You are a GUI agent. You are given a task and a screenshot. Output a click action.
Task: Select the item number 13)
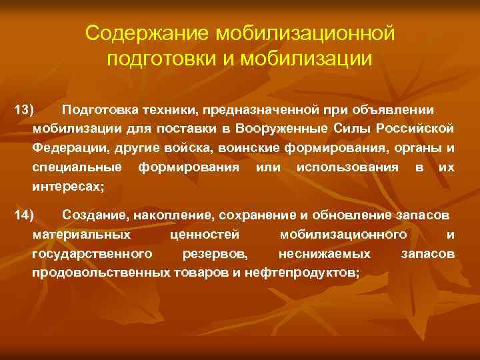tap(25, 109)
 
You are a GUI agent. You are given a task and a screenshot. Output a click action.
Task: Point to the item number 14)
tap(25, 215)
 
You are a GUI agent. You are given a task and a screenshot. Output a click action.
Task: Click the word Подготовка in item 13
tap(96, 109)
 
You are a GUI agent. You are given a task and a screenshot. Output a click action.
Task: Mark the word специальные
tap(77, 167)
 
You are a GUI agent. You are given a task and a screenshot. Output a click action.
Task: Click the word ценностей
tap(209, 235)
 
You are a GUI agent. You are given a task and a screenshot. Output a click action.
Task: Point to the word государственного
tap(91, 254)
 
